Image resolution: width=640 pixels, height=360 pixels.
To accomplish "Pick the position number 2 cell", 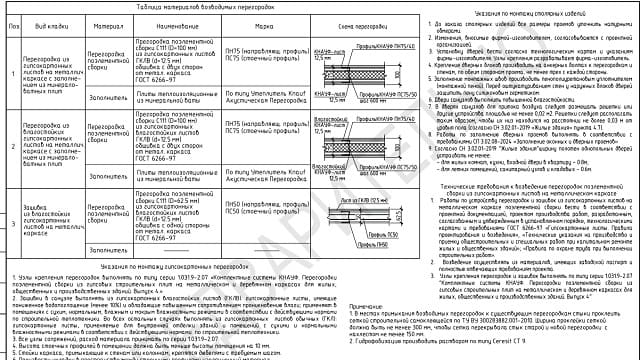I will [x=9, y=146].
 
